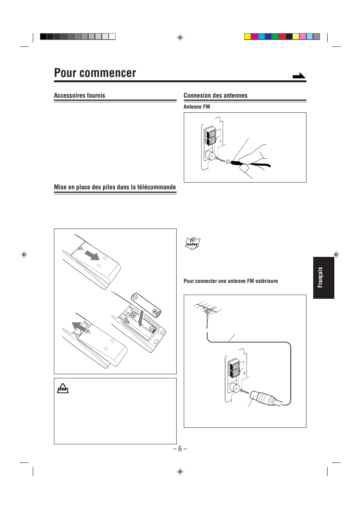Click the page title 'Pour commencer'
(95, 73)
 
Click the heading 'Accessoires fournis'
(80, 95)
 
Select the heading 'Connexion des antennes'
(215, 95)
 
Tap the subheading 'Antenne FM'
(197, 107)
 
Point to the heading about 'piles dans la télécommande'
(115, 187)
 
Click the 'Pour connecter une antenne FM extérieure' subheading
(231, 281)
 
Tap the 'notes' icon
(192, 243)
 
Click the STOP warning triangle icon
(63, 389)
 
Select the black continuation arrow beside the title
(299, 76)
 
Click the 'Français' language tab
(320, 277)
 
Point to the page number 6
(180, 449)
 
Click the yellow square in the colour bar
(248, 37)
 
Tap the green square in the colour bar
(275, 37)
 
